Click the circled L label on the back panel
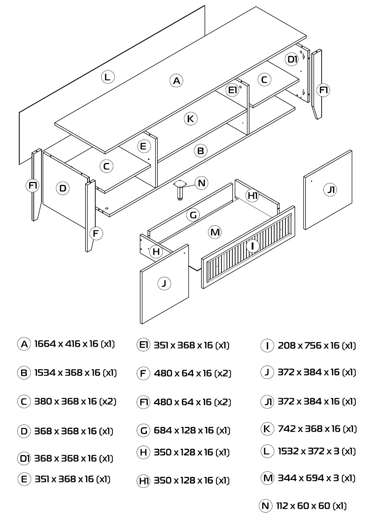point(108,77)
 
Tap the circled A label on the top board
point(176,80)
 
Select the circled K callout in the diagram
point(191,118)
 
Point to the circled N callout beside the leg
point(201,183)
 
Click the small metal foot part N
point(180,190)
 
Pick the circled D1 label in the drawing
point(292,59)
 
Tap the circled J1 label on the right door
point(330,189)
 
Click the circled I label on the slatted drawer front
point(252,246)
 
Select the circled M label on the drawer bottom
point(215,232)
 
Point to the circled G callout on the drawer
point(193,215)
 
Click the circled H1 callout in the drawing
point(252,195)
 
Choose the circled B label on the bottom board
point(201,150)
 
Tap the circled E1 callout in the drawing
point(232,90)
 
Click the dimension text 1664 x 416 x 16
point(66,344)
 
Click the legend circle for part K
point(267,429)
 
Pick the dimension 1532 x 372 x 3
point(309,451)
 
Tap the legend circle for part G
point(143,430)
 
